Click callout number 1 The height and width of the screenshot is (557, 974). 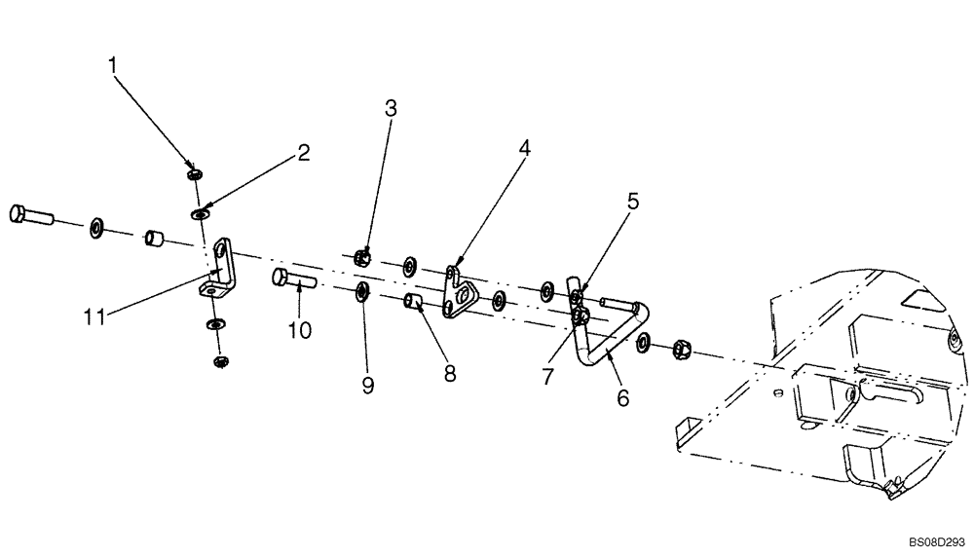(113, 65)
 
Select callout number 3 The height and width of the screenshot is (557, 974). (391, 108)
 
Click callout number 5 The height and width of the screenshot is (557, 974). (632, 202)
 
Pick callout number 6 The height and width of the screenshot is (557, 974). (622, 397)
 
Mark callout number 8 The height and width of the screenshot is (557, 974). (450, 373)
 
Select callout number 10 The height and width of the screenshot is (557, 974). (299, 330)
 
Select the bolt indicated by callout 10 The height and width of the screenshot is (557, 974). (292, 279)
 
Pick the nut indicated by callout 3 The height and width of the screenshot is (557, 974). (361, 258)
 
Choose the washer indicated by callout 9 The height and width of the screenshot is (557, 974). (362, 290)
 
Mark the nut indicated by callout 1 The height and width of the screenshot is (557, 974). (195, 173)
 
